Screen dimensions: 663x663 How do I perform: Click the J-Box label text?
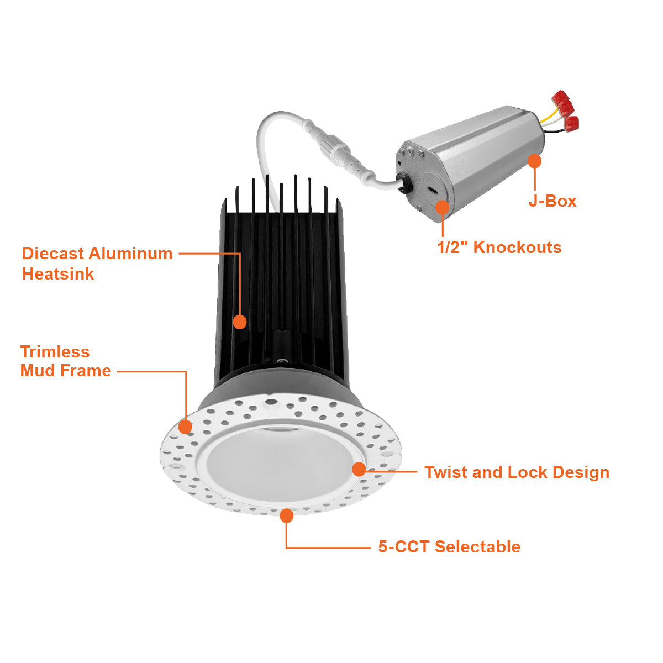552,201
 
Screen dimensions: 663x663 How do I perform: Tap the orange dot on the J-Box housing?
534,161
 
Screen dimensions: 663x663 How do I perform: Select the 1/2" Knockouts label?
499,248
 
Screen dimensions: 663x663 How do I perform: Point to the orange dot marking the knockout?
443,207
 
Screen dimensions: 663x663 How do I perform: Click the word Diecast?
53,254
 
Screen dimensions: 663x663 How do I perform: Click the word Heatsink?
58,274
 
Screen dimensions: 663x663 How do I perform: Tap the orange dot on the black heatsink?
239,322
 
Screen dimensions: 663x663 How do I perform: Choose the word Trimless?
55,352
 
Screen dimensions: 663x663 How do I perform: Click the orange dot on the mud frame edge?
185,427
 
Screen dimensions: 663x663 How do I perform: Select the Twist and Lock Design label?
517,472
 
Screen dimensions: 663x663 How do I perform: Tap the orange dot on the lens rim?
359,469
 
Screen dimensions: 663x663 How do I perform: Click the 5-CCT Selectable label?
449,547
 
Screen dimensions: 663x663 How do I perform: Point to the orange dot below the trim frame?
286,515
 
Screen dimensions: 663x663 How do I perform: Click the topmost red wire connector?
562,100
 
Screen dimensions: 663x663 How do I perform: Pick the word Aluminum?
131,254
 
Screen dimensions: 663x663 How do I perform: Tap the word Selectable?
477,547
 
